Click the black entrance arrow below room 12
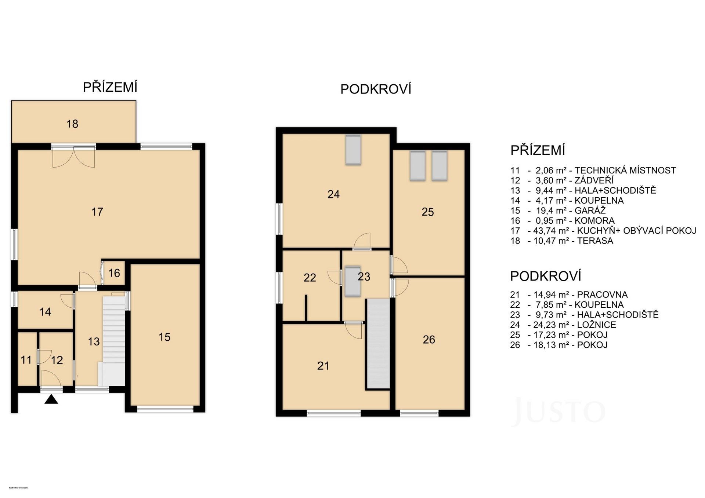click(x=51, y=399)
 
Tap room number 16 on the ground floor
click(x=114, y=273)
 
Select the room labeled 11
click(x=26, y=360)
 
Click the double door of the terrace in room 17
click(x=74, y=157)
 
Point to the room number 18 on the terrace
click(x=72, y=124)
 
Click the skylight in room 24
click(x=353, y=150)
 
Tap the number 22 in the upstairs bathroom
click(x=310, y=278)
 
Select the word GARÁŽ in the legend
click(x=590, y=210)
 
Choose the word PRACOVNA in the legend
click(x=602, y=294)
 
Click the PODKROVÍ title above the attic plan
click(x=376, y=89)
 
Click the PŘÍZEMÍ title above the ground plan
click(x=110, y=87)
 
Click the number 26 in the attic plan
click(x=429, y=340)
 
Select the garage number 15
click(x=164, y=337)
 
